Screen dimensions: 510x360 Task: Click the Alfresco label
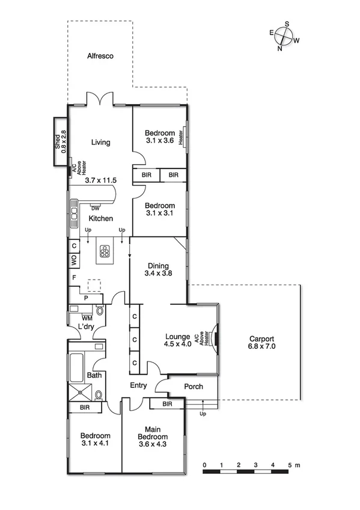[100, 56]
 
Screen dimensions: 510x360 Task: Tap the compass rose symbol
[284, 37]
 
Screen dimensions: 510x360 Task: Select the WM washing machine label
[87, 317]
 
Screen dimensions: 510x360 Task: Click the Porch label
[193, 387]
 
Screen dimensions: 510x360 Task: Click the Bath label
[95, 375]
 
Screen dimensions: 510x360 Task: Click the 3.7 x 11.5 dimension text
[100, 180]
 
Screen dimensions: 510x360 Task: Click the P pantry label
[86, 297]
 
